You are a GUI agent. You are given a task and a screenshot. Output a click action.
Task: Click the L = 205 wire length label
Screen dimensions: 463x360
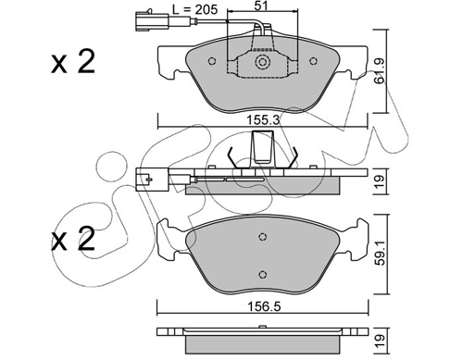[x=195, y=9]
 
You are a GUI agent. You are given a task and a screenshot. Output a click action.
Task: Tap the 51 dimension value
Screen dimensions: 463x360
[x=261, y=6]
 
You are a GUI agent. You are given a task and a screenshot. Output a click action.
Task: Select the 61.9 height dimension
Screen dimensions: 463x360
[x=379, y=71]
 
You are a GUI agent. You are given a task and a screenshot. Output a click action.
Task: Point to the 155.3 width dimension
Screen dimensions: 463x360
[x=263, y=119]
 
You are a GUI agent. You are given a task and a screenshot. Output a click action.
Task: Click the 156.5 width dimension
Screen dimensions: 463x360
[x=264, y=306]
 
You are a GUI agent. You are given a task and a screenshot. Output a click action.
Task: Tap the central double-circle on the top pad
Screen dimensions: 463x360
[x=263, y=62]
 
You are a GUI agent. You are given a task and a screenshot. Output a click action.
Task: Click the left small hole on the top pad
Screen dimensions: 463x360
[x=212, y=61]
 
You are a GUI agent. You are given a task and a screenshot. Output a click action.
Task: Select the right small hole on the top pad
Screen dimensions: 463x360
[x=313, y=61]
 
